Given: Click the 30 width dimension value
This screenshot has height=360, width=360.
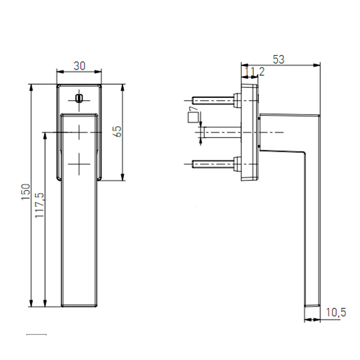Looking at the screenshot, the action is (x=79, y=66).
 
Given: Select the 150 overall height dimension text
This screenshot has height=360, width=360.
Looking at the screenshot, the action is (x=26, y=192).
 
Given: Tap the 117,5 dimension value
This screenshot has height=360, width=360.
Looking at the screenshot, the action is (x=39, y=205).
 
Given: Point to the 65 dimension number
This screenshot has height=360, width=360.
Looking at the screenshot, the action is (x=118, y=131).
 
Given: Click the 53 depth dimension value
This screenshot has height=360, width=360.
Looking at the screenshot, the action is (x=278, y=59).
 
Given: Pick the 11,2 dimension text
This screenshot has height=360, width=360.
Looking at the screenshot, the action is (x=254, y=71).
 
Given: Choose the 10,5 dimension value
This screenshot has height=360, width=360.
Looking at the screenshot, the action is (x=336, y=313).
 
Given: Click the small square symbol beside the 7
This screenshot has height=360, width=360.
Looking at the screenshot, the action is (x=193, y=118).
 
